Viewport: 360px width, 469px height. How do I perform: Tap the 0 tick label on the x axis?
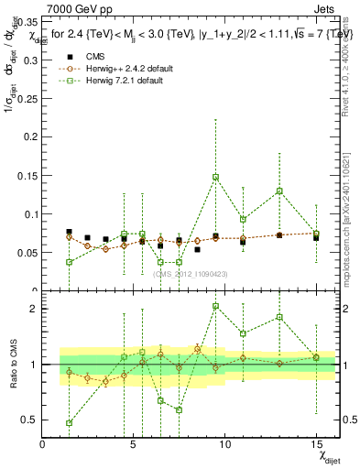coord(42,444)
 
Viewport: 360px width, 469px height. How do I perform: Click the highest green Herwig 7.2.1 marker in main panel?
coord(215,177)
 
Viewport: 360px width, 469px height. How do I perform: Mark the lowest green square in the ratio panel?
coord(70,423)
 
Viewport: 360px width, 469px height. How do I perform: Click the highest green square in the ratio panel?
coord(215,306)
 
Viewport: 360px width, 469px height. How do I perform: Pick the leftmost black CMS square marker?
coord(70,233)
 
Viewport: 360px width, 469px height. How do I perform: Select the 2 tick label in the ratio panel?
coord(33,309)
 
